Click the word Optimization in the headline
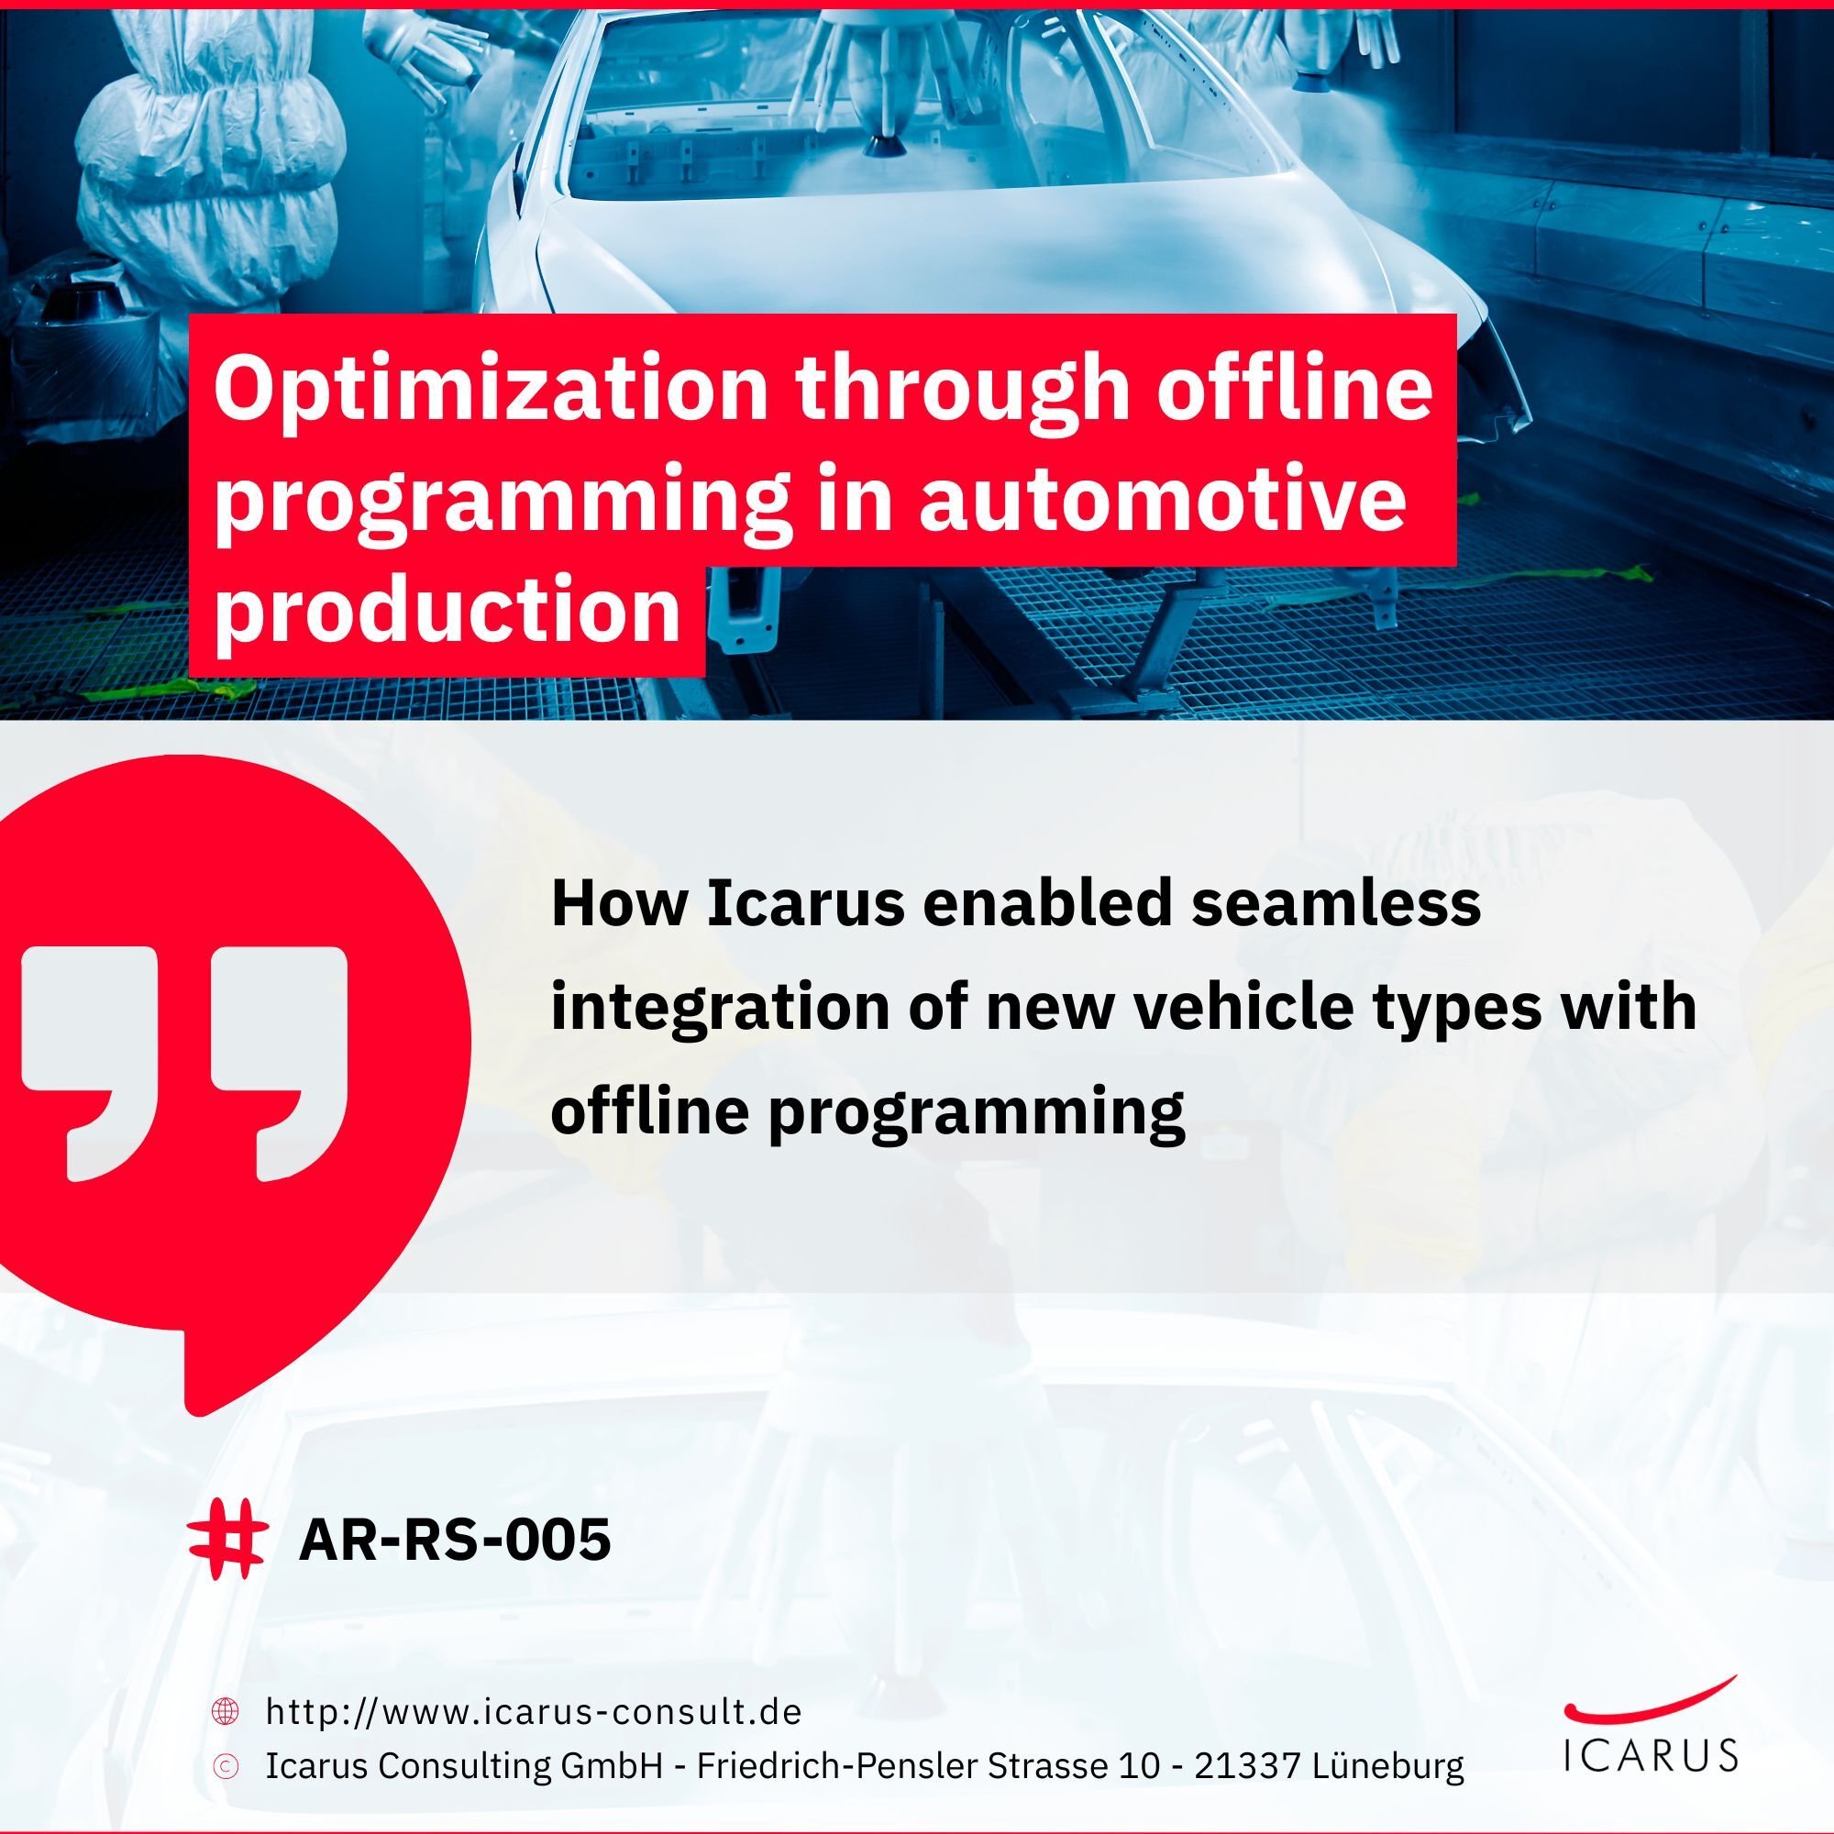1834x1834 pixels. [x=491, y=388]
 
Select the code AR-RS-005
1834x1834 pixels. [x=455, y=1539]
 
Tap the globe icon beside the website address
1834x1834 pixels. [x=225, y=1711]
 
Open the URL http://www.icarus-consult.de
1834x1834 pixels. [x=534, y=1711]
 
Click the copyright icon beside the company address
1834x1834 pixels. [x=225, y=1765]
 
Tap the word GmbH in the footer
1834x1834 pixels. [x=611, y=1765]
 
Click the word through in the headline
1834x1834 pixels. [x=963, y=388]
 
